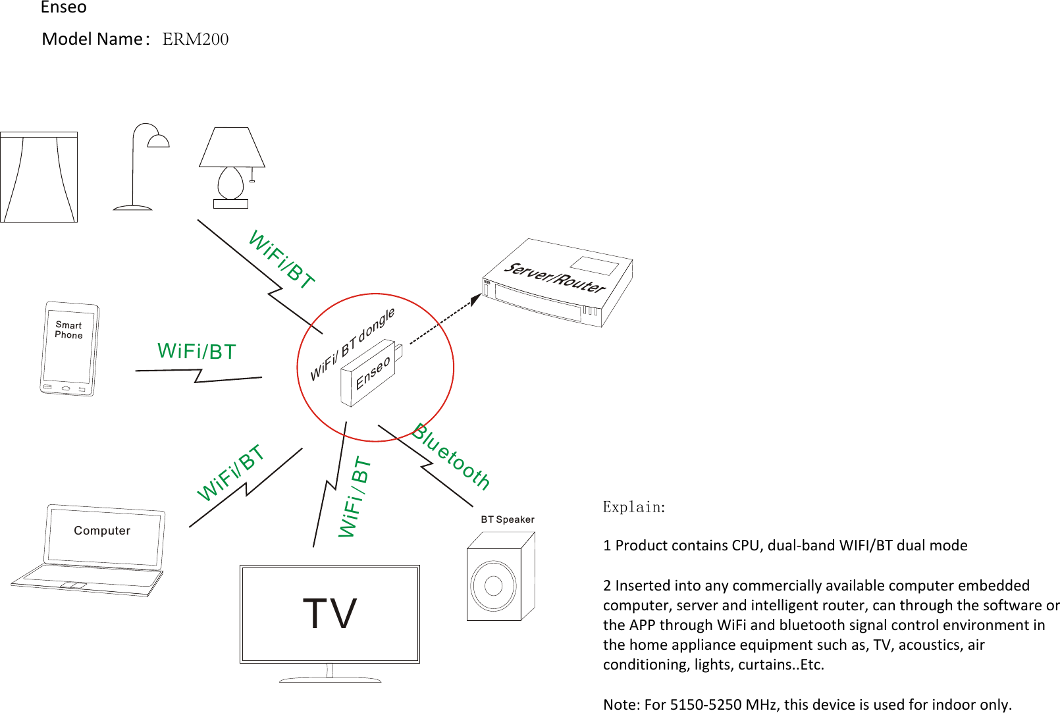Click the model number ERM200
coord(195,40)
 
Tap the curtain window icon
coord(39,177)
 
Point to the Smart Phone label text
coord(68,330)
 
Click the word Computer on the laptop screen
coord(102,531)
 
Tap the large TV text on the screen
coord(329,614)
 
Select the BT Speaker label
coord(507,519)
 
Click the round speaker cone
coord(493,585)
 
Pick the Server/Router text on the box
coord(554,277)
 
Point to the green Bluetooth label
coord(452,457)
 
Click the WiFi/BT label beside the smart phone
coord(196,352)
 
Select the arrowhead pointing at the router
coord(475,300)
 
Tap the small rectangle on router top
coord(594,265)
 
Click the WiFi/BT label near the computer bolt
coord(230,472)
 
